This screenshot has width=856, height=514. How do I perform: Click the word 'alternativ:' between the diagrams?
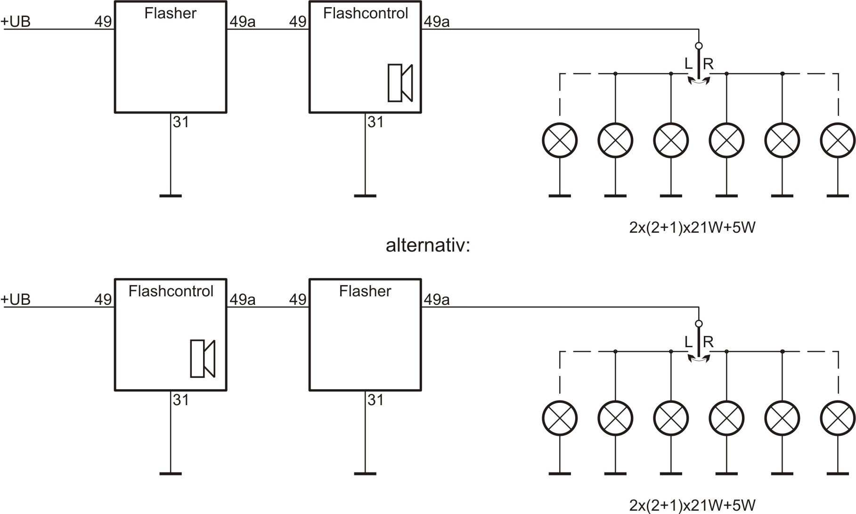(x=428, y=245)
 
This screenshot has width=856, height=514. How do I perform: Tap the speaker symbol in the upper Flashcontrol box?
(x=400, y=83)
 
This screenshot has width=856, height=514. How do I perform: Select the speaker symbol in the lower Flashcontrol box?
(x=203, y=359)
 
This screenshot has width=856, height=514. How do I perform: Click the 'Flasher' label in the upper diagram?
(x=170, y=13)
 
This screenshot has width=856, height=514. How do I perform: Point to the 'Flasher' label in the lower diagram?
(x=365, y=291)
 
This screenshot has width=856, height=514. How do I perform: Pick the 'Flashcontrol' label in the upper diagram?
(x=365, y=13)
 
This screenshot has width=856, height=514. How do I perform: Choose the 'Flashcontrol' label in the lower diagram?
(x=171, y=291)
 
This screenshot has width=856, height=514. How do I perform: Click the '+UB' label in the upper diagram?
(x=16, y=22)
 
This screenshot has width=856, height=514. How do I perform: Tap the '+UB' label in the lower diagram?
(x=16, y=300)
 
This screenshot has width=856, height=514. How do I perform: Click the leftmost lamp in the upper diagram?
(x=560, y=140)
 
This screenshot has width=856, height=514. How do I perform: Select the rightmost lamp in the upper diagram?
(x=838, y=140)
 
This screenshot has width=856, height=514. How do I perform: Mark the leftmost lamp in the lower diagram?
(x=560, y=418)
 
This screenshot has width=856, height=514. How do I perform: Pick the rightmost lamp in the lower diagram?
(x=838, y=418)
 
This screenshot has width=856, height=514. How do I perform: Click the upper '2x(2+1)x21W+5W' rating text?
(x=692, y=228)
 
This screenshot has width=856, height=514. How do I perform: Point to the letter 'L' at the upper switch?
(x=688, y=64)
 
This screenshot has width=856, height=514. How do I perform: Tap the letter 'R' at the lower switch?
(x=708, y=342)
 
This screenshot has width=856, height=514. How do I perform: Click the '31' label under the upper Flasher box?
(x=181, y=122)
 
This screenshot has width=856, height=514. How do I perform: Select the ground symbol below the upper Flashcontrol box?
(x=365, y=196)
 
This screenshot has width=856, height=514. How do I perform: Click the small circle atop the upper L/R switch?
(x=699, y=46)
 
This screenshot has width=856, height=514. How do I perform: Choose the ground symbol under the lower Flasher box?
(x=365, y=473)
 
